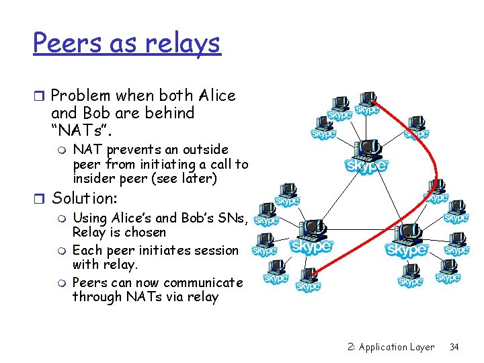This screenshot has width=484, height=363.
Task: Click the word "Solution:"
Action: tap(85, 198)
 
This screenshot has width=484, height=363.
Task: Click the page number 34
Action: tap(454, 347)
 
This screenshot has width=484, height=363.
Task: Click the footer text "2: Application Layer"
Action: tap(391, 347)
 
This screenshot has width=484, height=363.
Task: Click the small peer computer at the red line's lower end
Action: tap(309, 278)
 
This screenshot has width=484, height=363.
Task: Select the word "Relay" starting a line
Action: tap(90, 233)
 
